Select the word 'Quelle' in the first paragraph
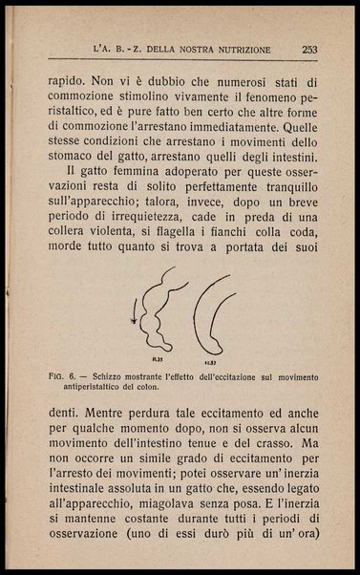(x=296, y=123)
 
